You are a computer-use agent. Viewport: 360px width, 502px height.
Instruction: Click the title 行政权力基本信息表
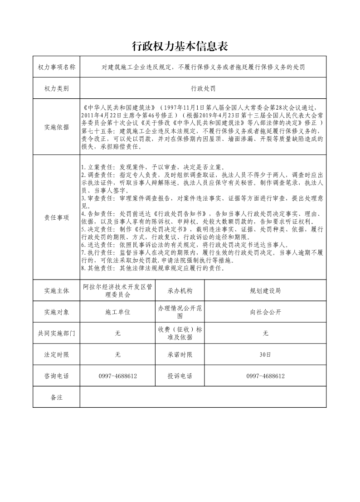[x=180, y=46]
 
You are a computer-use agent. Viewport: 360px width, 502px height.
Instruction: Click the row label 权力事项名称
[x=56, y=67]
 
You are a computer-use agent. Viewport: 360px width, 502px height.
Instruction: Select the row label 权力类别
[x=56, y=88]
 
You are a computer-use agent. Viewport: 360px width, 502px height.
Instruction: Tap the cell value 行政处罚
[x=203, y=88]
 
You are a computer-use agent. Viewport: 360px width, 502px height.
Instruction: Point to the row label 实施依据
[x=56, y=127]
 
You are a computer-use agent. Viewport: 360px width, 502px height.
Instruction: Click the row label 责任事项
[x=56, y=217]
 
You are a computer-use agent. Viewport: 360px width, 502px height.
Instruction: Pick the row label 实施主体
[x=56, y=290]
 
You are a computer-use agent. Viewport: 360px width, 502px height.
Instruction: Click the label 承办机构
[x=180, y=290]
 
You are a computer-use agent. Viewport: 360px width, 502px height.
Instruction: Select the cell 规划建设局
[x=265, y=290]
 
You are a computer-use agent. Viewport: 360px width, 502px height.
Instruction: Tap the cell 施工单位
[x=117, y=312]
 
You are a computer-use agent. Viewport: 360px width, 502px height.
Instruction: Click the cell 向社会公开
[x=265, y=312]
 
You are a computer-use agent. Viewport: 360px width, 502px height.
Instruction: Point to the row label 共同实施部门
[x=56, y=333]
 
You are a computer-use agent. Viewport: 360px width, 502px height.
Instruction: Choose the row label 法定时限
[x=56, y=354]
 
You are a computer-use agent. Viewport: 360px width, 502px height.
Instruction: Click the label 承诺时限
[x=180, y=354]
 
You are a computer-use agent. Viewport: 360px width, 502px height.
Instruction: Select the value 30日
[x=265, y=354]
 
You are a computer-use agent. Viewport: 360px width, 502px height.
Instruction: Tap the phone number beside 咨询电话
[x=117, y=376]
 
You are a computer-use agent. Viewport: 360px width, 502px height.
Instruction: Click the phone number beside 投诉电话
[x=265, y=376]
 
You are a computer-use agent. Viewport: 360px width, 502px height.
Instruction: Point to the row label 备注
[x=56, y=397]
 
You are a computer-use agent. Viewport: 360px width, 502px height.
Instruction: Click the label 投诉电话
[x=180, y=376]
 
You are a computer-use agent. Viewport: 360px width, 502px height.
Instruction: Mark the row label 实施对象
[x=56, y=312]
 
